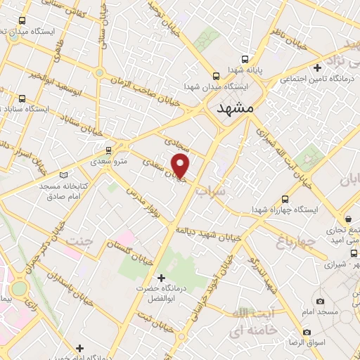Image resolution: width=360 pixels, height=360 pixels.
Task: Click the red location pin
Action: click(181, 166)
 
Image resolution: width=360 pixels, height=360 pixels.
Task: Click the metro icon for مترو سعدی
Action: click(108, 150)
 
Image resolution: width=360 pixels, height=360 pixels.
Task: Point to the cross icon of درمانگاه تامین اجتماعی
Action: click(318, 68)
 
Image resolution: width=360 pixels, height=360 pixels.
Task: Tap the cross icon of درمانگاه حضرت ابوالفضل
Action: click(161, 278)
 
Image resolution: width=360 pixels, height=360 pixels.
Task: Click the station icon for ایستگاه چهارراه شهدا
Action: click(285, 199)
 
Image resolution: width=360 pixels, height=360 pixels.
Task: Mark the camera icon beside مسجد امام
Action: click(321, 301)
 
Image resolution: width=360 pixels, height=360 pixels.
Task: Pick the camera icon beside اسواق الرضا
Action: click(307, 331)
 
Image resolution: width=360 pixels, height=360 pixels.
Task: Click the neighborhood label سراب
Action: click(210, 191)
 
